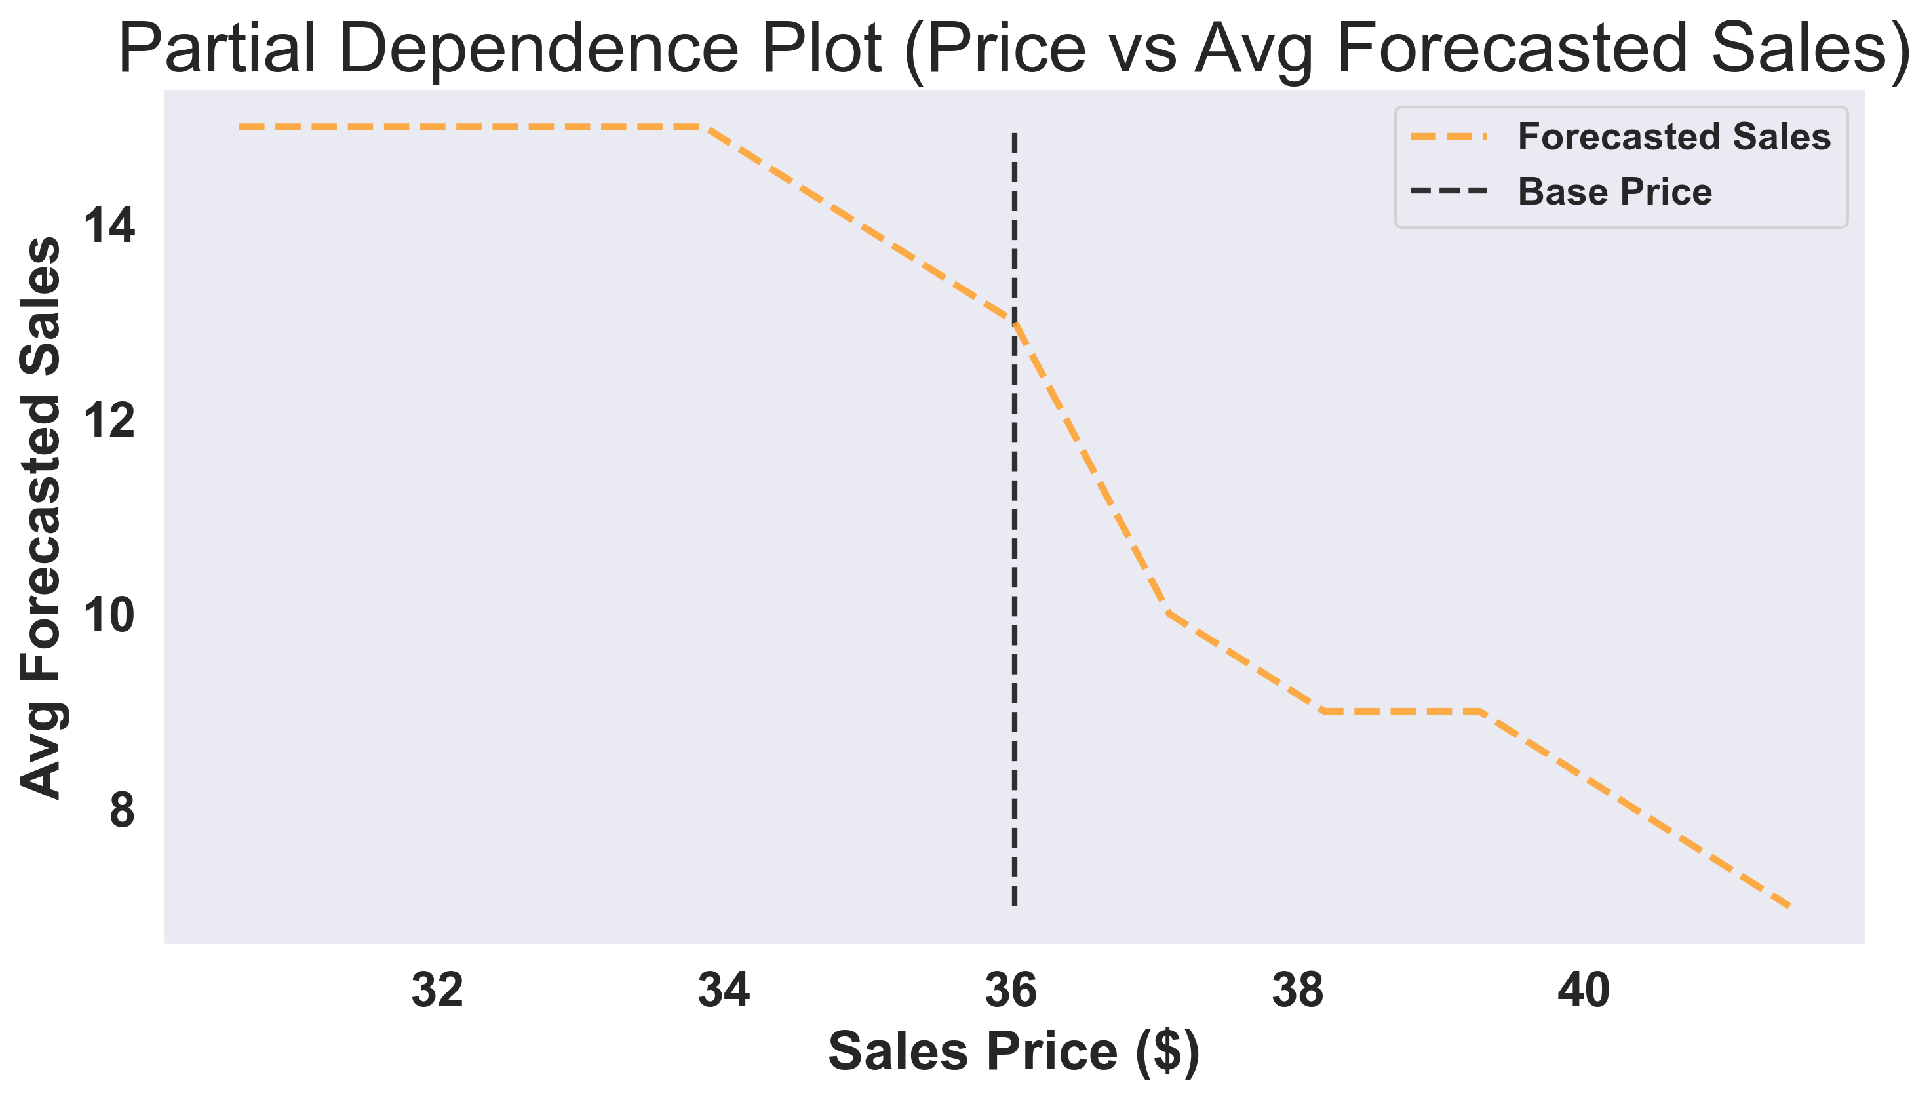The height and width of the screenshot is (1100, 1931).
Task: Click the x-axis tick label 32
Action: click(437, 991)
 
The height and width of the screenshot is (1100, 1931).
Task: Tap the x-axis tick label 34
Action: click(724, 991)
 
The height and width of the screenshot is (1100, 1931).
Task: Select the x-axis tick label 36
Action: click(1011, 991)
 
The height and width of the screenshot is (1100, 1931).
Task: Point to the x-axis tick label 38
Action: click(1297, 991)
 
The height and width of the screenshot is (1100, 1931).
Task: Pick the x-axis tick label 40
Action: click(1584, 991)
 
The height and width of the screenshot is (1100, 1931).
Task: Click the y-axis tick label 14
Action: click(109, 226)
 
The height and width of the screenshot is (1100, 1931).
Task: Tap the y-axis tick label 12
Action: click(109, 420)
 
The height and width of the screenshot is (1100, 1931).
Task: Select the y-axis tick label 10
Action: click(109, 615)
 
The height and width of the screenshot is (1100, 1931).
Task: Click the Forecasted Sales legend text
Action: click(1674, 138)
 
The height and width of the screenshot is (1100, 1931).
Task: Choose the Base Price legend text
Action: click(1614, 192)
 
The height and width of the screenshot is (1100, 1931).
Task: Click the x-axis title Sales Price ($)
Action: click(1013, 1051)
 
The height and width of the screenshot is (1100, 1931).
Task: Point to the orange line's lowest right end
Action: click(1787, 906)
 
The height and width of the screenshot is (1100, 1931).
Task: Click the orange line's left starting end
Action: click(241, 127)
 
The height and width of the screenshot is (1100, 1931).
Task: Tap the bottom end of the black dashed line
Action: click(1014, 903)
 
